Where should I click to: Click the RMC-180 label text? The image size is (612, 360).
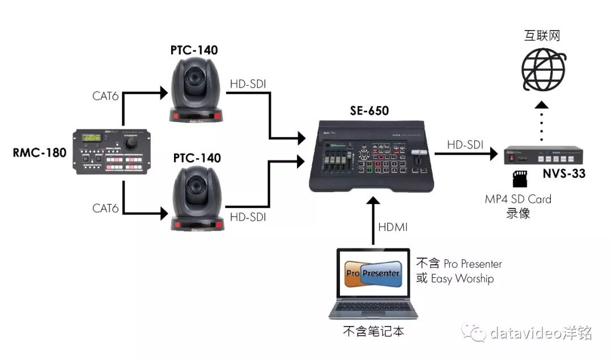pos(38,153)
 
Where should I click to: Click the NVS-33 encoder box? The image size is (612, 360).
pos(543,154)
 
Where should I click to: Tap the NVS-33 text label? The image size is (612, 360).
pos(562,173)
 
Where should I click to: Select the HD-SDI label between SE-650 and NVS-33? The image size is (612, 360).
pos(465,145)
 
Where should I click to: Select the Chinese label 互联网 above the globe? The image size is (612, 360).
pos(542,36)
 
